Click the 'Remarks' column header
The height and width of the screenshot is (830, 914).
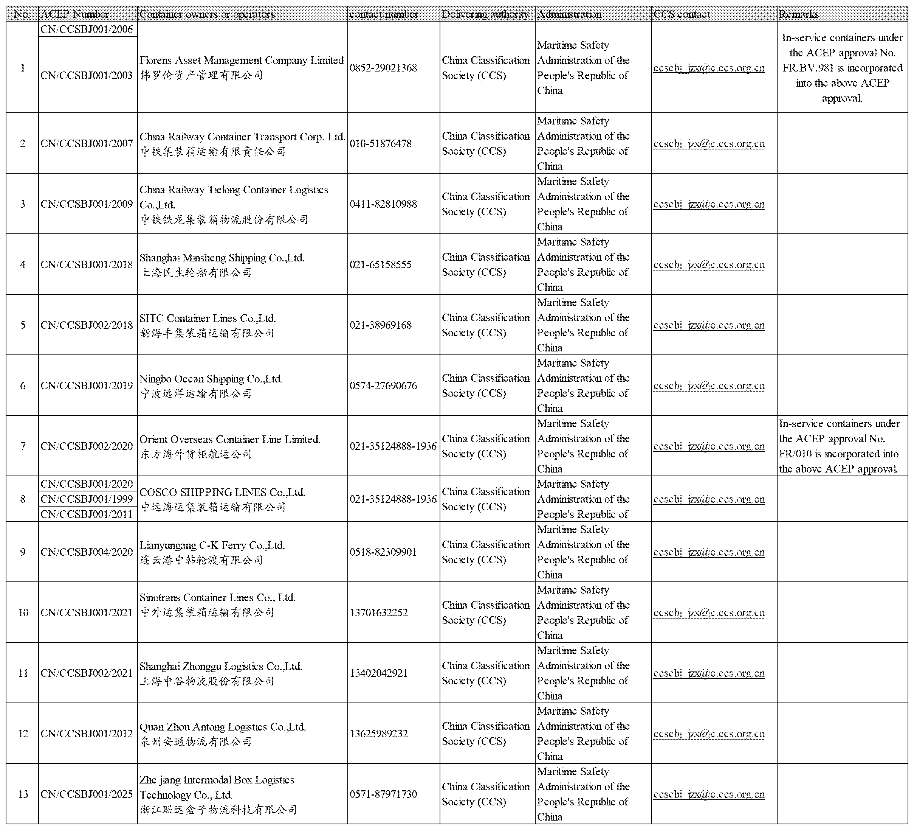tap(798, 14)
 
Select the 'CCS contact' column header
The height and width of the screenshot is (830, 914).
tap(682, 14)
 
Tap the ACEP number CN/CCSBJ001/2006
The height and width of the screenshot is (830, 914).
tap(87, 30)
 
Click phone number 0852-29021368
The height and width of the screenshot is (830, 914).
tap(383, 68)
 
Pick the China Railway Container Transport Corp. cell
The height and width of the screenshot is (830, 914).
tap(242, 143)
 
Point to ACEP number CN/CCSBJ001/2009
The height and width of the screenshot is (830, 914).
tap(87, 204)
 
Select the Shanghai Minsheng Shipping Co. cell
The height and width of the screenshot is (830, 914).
tap(222, 264)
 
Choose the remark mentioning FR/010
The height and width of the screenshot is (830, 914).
tap(839, 446)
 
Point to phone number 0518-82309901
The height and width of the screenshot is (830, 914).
tap(383, 552)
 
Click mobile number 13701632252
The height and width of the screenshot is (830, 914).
tap(379, 612)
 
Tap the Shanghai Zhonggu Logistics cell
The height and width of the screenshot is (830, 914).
tap(221, 673)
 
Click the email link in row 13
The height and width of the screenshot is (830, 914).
tap(709, 794)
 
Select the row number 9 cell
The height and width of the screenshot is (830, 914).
tap(23, 552)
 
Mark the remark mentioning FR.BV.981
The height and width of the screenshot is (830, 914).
tap(842, 68)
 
